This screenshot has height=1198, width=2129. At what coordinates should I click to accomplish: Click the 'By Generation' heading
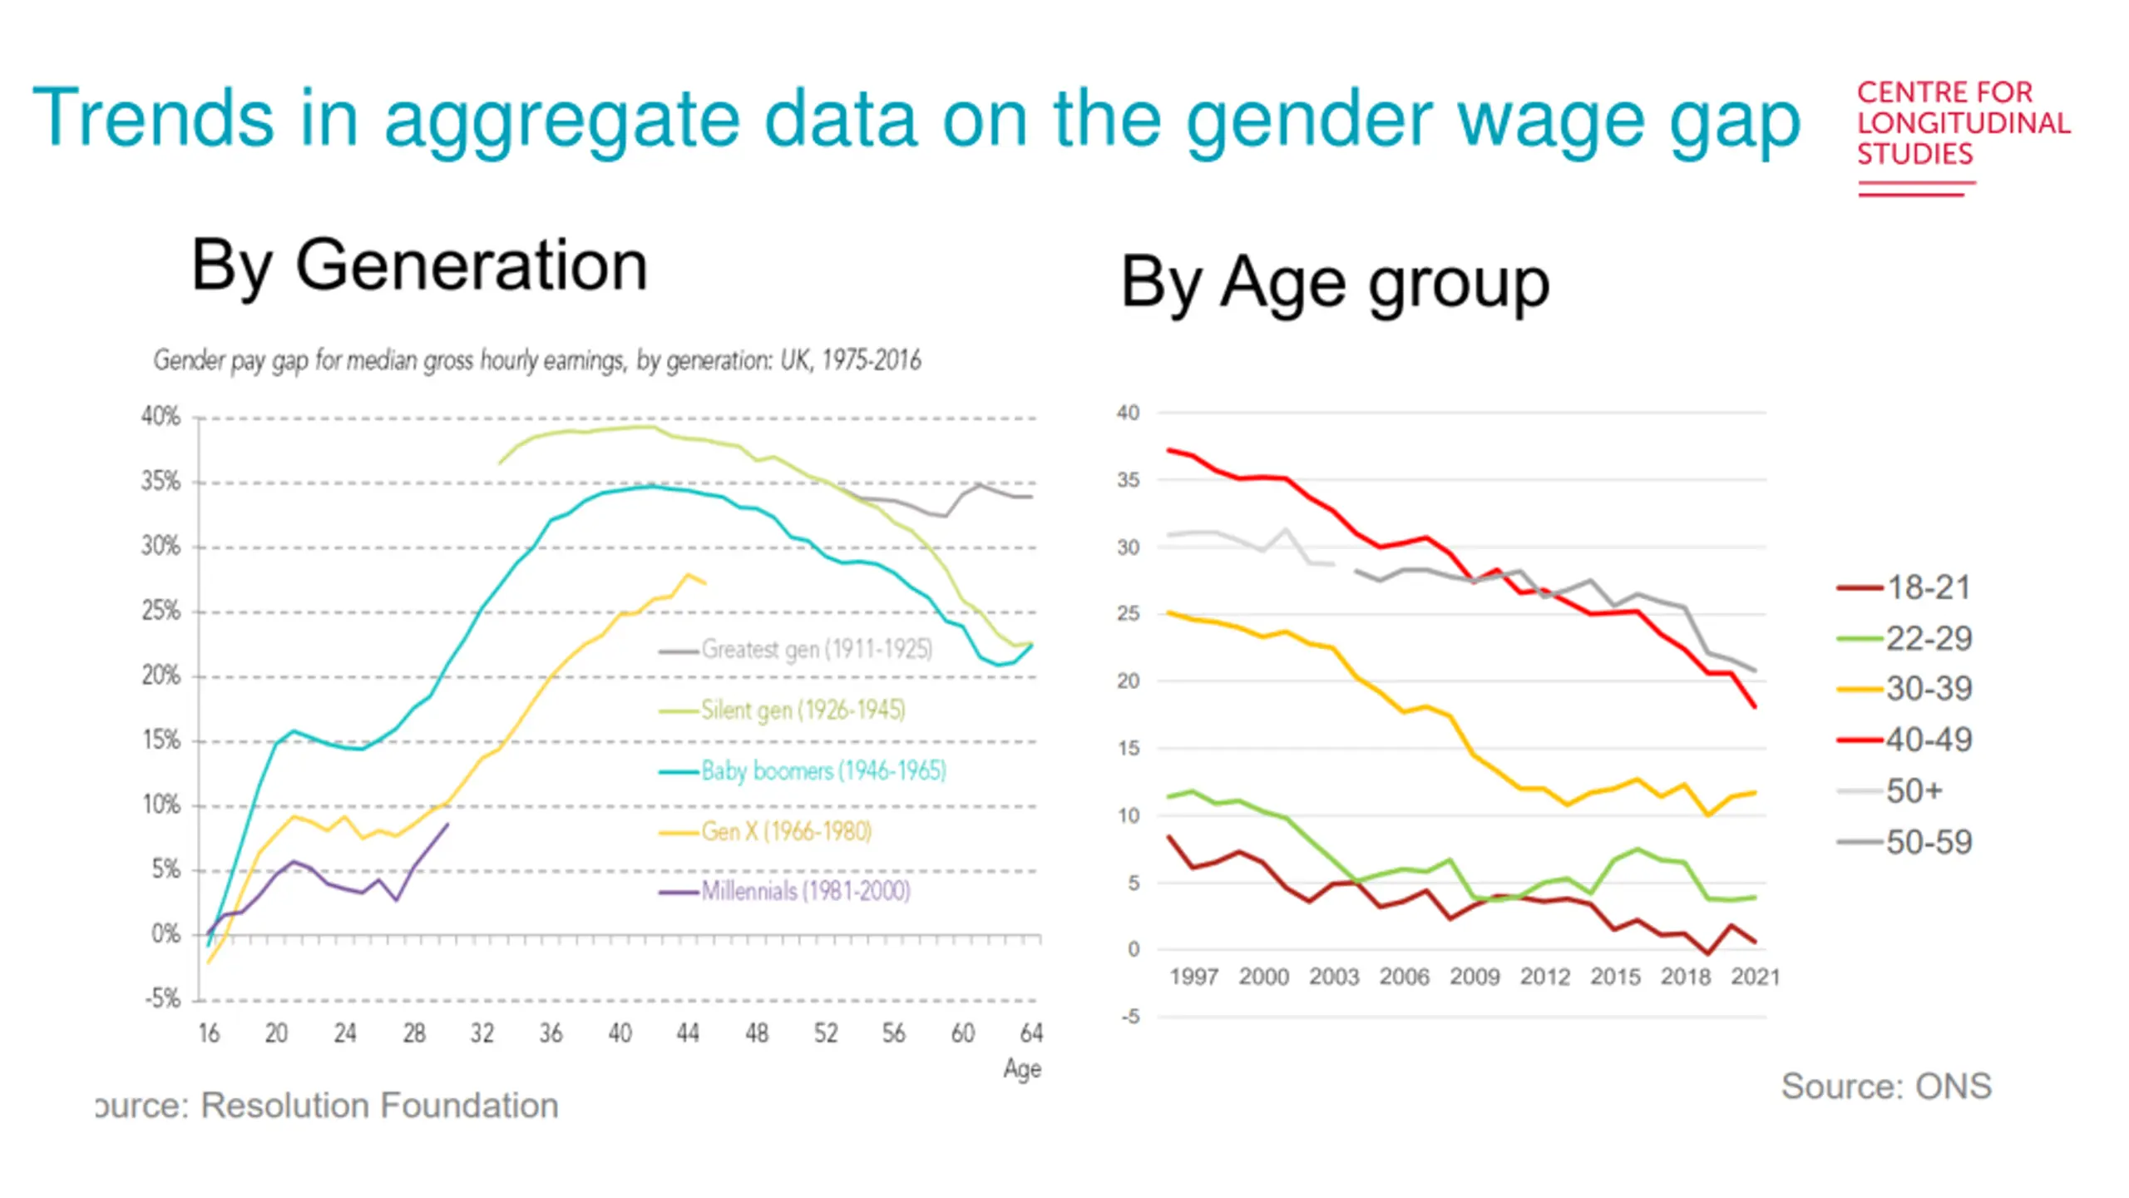point(419,266)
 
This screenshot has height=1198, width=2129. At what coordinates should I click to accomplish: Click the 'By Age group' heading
point(1335,283)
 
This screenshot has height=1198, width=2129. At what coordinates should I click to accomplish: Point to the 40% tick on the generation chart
point(161,416)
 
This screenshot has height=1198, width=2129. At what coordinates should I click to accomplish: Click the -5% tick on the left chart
point(162,998)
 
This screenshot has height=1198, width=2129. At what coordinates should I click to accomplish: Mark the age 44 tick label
point(688,1033)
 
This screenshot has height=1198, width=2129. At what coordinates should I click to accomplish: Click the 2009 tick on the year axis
point(1474,977)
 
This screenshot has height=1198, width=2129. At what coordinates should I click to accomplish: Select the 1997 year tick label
point(1193,977)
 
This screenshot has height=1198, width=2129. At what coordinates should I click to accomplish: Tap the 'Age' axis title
point(1022,1069)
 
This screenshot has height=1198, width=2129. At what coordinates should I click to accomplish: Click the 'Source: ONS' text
point(1886,1087)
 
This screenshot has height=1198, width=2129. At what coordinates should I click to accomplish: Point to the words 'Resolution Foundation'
point(379,1106)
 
